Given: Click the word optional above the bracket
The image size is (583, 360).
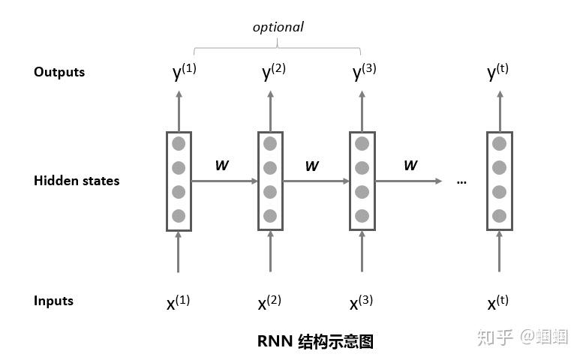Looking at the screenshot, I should click(x=278, y=26).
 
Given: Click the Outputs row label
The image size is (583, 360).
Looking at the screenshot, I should click(x=59, y=72).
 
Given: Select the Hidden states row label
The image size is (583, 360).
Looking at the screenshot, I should click(x=77, y=181).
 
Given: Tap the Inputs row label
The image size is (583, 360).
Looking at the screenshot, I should click(x=53, y=301).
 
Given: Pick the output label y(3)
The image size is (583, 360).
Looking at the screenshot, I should click(x=364, y=72).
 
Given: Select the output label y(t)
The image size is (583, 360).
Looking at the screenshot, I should click(x=497, y=72).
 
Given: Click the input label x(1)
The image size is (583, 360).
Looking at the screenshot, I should click(x=179, y=302).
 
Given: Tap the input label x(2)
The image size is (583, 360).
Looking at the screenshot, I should click(x=269, y=302).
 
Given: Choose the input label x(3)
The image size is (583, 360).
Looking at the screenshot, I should click(x=362, y=302).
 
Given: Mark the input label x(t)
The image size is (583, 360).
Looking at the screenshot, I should click(x=497, y=302).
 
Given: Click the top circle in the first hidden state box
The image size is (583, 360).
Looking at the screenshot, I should click(x=179, y=144).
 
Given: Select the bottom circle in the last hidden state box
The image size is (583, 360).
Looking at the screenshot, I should click(x=499, y=216).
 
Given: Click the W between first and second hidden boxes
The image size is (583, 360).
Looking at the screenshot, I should click(x=222, y=165).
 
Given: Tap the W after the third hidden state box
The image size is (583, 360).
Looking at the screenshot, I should click(x=410, y=165).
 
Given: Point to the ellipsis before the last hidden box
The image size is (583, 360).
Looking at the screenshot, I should click(x=461, y=182).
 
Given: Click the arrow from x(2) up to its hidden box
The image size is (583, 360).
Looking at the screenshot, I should click(x=270, y=252).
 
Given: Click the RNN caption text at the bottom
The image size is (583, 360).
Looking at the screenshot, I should click(x=315, y=341).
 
